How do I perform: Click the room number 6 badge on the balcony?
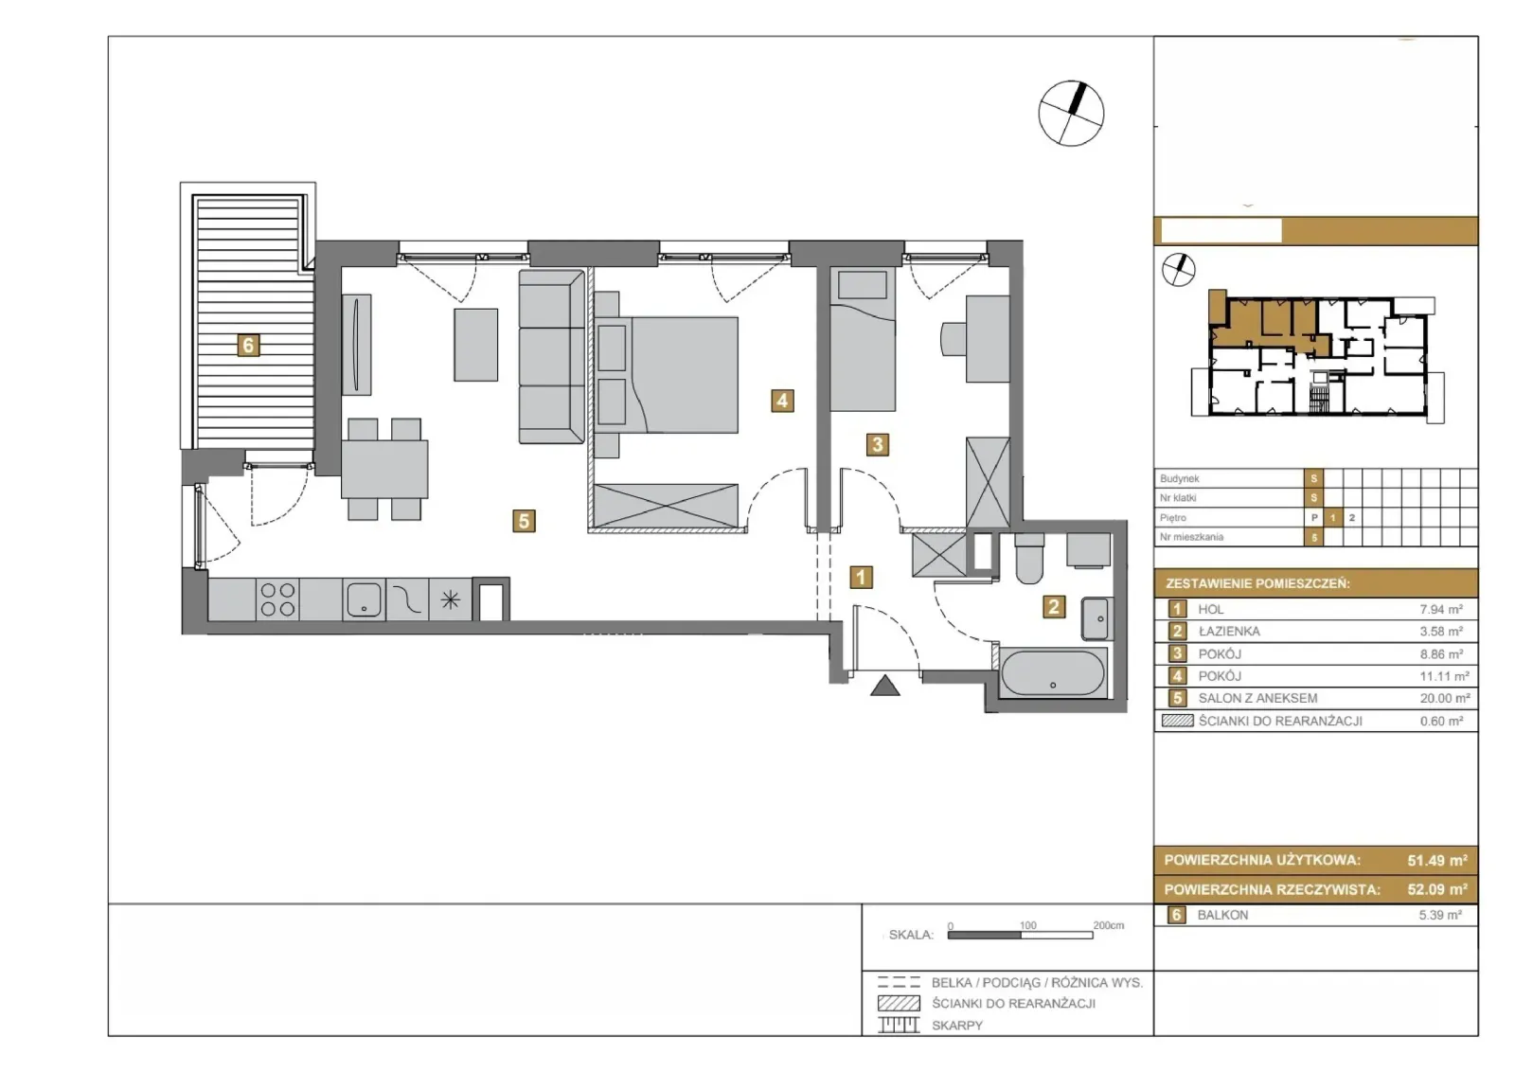tap(247, 346)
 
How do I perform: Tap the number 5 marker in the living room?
tap(524, 521)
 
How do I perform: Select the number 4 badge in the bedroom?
tap(782, 402)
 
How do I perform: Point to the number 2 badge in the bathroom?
tap(1053, 607)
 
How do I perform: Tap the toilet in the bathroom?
tap(1028, 557)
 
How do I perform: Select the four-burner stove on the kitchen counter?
tap(277, 599)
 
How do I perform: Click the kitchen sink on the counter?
tap(364, 599)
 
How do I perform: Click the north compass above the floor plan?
tap(1071, 114)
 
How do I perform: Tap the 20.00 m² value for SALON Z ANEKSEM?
tap(1445, 698)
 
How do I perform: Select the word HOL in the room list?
tap(1211, 609)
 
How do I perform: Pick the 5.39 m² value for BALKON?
tap(1440, 915)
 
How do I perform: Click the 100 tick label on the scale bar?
tap(1028, 925)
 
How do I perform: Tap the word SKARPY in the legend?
tap(957, 1026)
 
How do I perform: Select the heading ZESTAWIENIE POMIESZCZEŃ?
tap(1257, 583)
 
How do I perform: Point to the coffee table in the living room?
tap(476, 345)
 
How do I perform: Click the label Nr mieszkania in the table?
tap(1192, 537)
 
